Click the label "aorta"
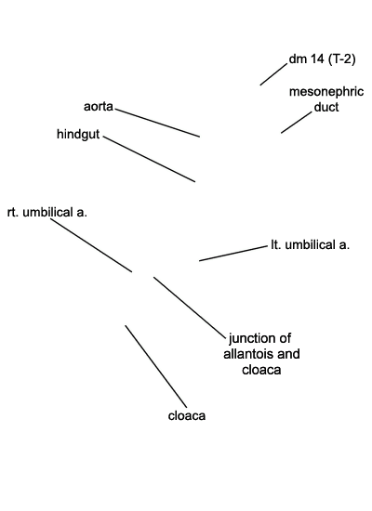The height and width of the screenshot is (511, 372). (99, 107)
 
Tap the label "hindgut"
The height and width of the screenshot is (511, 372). (78, 134)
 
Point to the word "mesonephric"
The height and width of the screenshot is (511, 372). (326, 92)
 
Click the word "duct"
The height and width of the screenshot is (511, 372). (326, 107)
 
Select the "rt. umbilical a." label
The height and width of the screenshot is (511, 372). (47, 212)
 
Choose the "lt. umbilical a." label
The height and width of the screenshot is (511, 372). (311, 244)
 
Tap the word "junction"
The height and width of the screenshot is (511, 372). (250, 338)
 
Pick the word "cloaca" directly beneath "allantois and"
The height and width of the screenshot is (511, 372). (261, 370)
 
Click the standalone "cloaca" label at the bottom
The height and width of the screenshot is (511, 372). (187, 416)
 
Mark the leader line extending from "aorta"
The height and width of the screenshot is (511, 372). (157, 123)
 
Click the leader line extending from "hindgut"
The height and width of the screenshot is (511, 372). (149, 159)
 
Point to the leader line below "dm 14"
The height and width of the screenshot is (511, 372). (273, 74)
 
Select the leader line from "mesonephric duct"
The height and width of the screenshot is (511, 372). (297, 123)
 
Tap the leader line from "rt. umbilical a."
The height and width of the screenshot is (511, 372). (91, 245)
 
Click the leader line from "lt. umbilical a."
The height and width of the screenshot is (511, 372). (233, 254)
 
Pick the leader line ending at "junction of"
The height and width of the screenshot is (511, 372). (190, 307)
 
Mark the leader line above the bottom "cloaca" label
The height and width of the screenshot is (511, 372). (156, 366)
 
